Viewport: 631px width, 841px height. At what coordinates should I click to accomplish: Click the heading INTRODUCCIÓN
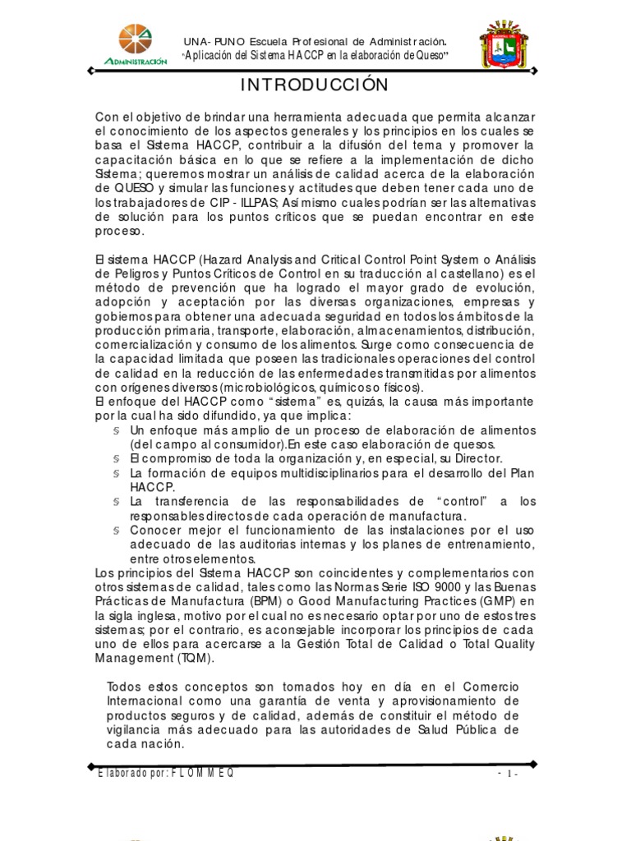[x=315, y=85]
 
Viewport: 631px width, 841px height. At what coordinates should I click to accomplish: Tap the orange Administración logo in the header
[x=136, y=44]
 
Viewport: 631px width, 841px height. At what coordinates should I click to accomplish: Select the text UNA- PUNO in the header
[x=209, y=40]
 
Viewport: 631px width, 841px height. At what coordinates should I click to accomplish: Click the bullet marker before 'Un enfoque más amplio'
[x=117, y=430]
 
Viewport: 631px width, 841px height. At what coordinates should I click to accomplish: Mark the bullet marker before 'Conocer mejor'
[x=117, y=530]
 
